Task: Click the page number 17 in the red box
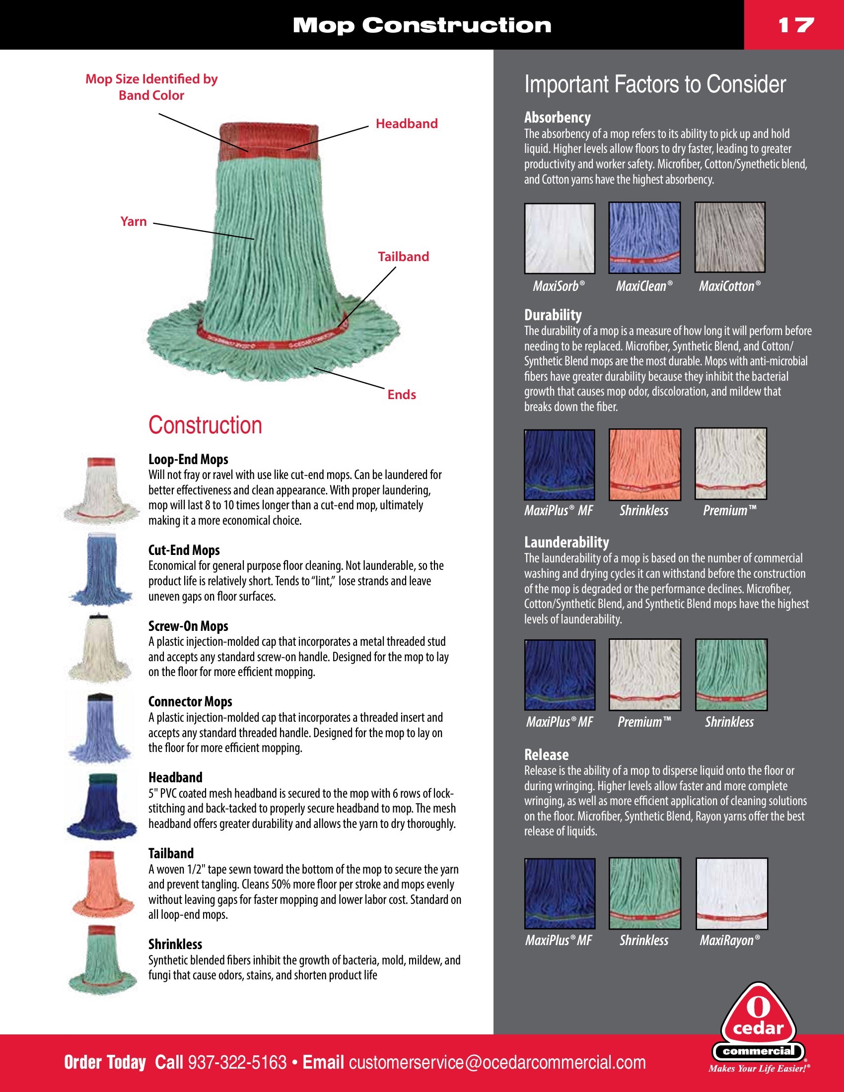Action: (x=795, y=25)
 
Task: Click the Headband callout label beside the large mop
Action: (x=406, y=124)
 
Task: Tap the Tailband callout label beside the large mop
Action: (x=403, y=257)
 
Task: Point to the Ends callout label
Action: (x=402, y=395)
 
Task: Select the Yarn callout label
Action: (x=134, y=221)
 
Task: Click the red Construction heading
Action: (x=205, y=425)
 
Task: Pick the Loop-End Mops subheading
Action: (x=188, y=459)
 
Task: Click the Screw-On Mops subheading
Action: (x=188, y=626)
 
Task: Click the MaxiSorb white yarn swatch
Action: (x=560, y=238)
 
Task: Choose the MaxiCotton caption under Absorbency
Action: (x=729, y=286)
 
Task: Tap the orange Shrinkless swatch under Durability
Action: (x=644, y=464)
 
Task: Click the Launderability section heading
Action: (x=566, y=542)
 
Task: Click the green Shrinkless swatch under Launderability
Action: (x=731, y=675)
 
